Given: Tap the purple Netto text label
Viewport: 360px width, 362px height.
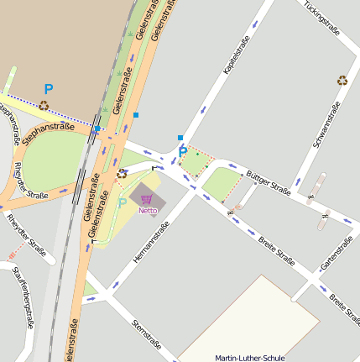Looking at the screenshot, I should (x=148, y=210).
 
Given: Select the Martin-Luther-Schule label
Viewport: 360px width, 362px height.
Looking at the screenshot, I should (x=249, y=357).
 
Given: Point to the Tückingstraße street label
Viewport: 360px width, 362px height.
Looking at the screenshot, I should (x=322, y=19).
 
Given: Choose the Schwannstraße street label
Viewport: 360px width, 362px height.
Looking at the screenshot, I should (x=326, y=124).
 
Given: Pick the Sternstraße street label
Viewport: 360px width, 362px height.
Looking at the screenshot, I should (x=147, y=333).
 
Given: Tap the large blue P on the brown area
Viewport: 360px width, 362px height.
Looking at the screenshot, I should (x=49, y=88).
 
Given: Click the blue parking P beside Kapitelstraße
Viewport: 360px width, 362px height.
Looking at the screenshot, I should (x=183, y=152).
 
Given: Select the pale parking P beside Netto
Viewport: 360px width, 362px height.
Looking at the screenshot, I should (x=123, y=202).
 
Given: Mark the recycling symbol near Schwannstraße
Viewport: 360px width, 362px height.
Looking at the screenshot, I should (x=342, y=81).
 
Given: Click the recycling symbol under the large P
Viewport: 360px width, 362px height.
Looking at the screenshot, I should (x=44, y=106).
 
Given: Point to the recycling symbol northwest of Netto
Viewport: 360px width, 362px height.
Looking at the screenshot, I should (x=122, y=174).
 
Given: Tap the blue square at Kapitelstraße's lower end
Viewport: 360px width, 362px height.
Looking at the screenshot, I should (x=180, y=137).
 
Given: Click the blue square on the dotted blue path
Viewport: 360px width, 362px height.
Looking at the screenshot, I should (x=98, y=129).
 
